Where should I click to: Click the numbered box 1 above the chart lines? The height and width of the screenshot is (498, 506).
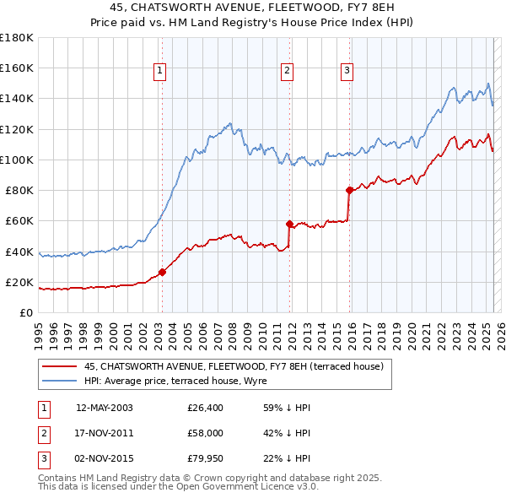[160, 71]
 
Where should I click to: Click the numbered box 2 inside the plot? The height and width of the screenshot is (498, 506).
[288, 71]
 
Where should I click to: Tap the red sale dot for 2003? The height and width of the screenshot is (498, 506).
[162, 272]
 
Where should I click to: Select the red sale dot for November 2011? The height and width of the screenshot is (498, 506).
[289, 224]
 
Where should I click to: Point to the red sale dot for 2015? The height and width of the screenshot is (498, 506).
[349, 190]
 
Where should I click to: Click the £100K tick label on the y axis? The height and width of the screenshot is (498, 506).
[17, 160]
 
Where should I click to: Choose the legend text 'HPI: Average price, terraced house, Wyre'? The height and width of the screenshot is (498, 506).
[175, 381]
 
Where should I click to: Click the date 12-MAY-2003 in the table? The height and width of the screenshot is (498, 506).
[105, 408]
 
